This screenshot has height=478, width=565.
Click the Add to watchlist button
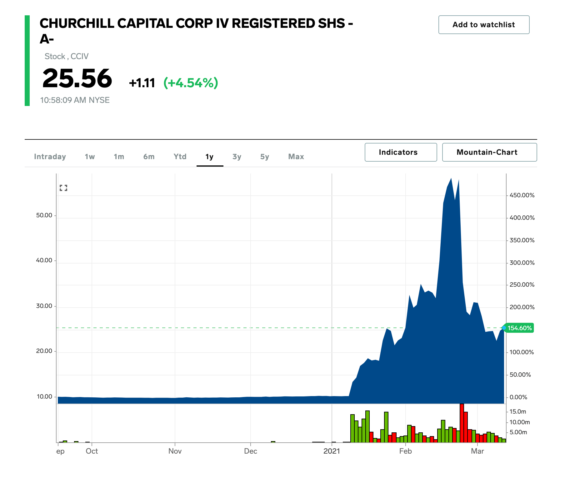click(x=483, y=25)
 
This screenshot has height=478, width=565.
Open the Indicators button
click(x=400, y=152)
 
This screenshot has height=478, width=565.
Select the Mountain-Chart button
click(x=489, y=152)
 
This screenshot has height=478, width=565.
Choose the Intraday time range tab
click(x=50, y=157)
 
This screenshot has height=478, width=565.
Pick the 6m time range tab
click(x=149, y=157)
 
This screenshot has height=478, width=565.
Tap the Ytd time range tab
click(x=180, y=157)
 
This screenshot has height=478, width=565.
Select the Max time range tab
click(x=296, y=157)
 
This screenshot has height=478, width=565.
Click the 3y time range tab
click(x=237, y=157)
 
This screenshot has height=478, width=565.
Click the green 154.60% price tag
click(x=519, y=328)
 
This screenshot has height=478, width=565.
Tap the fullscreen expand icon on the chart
click(x=63, y=188)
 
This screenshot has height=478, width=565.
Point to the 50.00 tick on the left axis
click(x=44, y=215)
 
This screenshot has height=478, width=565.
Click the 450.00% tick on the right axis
click(x=522, y=195)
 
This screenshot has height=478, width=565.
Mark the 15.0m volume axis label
click(x=518, y=412)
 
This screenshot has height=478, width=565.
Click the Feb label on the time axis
click(x=405, y=451)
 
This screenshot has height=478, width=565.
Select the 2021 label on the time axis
click(x=332, y=451)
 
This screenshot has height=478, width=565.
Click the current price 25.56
click(x=77, y=78)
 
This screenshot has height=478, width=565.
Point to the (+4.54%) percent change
click(x=191, y=83)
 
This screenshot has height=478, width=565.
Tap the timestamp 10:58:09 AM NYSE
click(x=75, y=100)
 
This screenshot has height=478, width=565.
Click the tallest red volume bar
click(x=462, y=422)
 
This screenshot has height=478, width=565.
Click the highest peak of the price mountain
click(x=451, y=179)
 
